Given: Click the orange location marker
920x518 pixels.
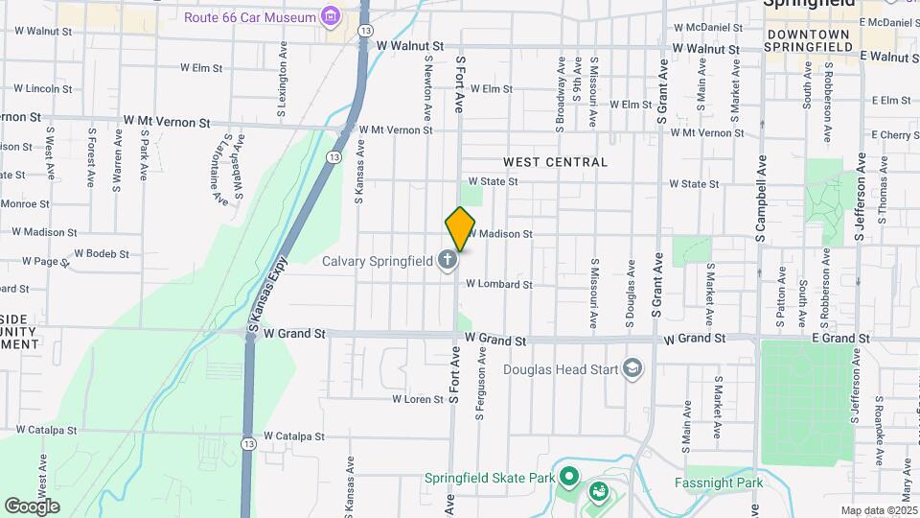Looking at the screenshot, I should tap(460, 228).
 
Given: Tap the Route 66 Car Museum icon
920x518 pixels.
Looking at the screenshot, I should tap(332, 16).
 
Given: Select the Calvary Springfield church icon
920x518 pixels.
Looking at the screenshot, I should tap(447, 260).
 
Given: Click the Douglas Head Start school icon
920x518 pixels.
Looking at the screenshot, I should tap(632, 368).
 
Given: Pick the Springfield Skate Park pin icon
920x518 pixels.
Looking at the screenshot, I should tap(568, 477).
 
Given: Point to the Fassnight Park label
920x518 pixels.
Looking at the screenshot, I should tap(719, 483).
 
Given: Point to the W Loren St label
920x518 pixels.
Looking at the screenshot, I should tap(418, 399).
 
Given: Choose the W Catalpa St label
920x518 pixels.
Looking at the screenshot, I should tap(294, 436).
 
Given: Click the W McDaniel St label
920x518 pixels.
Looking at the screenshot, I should tap(708, 28).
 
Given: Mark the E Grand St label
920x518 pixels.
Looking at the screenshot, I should tap(840, 339).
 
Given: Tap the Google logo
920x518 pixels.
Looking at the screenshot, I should tap(32, 506).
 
